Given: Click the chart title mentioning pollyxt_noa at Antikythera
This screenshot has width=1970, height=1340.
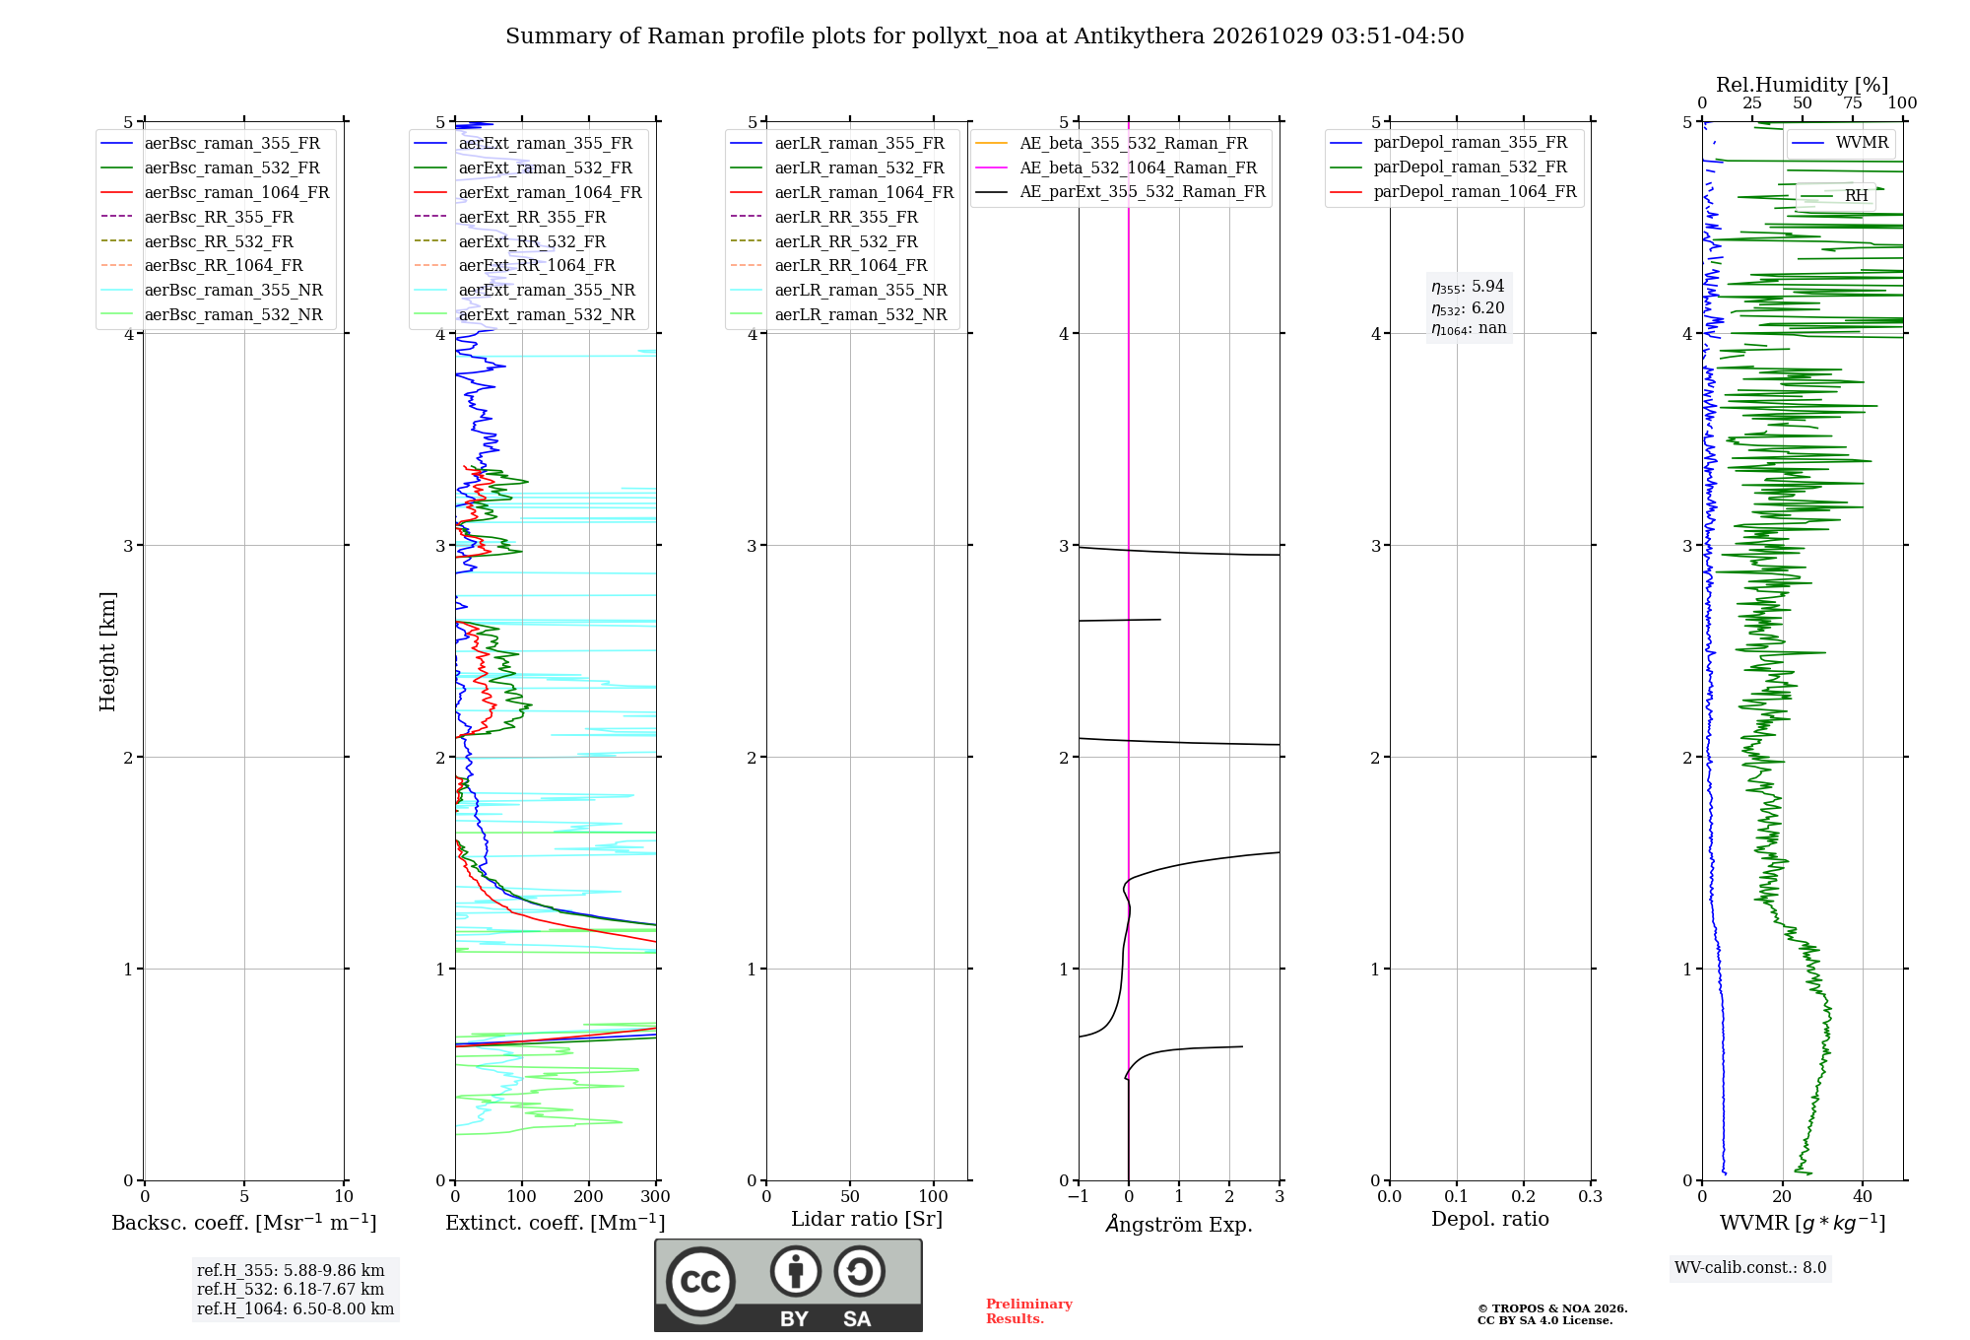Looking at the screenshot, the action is [x=984, y=36].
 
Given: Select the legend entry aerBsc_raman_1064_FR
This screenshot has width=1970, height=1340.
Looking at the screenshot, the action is [x=216, y=192].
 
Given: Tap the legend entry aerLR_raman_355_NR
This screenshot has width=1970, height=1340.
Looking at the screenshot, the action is [x=839, y=290].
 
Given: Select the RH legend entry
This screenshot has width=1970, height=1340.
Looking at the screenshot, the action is [x=1836, y=196].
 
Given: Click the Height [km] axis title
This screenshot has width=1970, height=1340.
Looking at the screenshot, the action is [x=107, y=651].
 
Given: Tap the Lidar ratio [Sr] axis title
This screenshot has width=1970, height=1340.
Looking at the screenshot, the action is [x=867, y=1219].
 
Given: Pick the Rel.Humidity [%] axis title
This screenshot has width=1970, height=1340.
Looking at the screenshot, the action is [x=1803, y=85].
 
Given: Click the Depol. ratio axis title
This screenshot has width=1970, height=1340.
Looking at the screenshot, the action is [x=1490, y=1219].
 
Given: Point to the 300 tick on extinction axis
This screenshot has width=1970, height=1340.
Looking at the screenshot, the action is [x=656, y=1196].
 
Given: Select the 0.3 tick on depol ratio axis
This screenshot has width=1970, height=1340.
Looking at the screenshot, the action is [x=1591, y=1196].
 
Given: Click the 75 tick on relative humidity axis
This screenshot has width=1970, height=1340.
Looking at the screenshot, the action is [x=1853, y=102].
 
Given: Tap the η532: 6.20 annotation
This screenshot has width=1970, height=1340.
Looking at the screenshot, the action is [x=1468, y=308].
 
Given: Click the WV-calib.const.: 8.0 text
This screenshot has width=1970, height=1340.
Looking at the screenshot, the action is [x=1750, y=1268].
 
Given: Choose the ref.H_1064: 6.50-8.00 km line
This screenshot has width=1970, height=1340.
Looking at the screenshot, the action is [x=295, y=1309].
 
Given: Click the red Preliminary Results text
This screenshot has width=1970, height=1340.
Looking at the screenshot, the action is [x=1029, y=1311].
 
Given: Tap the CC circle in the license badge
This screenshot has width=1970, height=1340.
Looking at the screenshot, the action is [x=701, y=1282].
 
